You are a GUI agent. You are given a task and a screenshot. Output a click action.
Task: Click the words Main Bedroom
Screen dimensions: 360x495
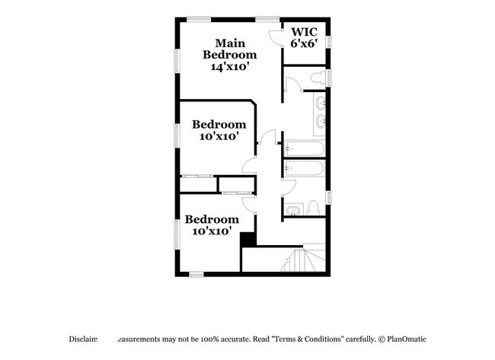pos(228,48)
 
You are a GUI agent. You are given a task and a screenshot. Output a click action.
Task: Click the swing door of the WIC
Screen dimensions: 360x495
pos(276,37)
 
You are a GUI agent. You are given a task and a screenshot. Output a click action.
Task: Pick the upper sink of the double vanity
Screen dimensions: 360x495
pos(320,102)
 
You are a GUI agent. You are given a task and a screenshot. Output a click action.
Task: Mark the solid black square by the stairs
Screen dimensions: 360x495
pos(247,240)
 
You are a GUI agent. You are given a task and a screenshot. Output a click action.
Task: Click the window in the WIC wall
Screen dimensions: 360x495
pos(329,39)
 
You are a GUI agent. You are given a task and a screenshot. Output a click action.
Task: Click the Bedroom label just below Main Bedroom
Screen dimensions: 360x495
pos(219,125)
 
